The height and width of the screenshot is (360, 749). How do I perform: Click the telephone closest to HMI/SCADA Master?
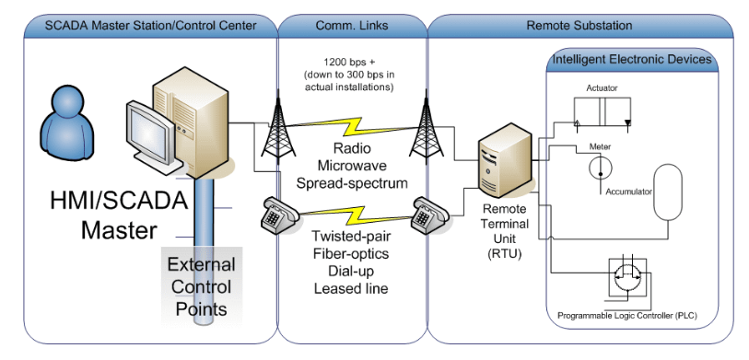click(x=276, y=217)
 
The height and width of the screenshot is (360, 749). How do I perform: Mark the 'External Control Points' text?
click(x=200, y=285)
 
